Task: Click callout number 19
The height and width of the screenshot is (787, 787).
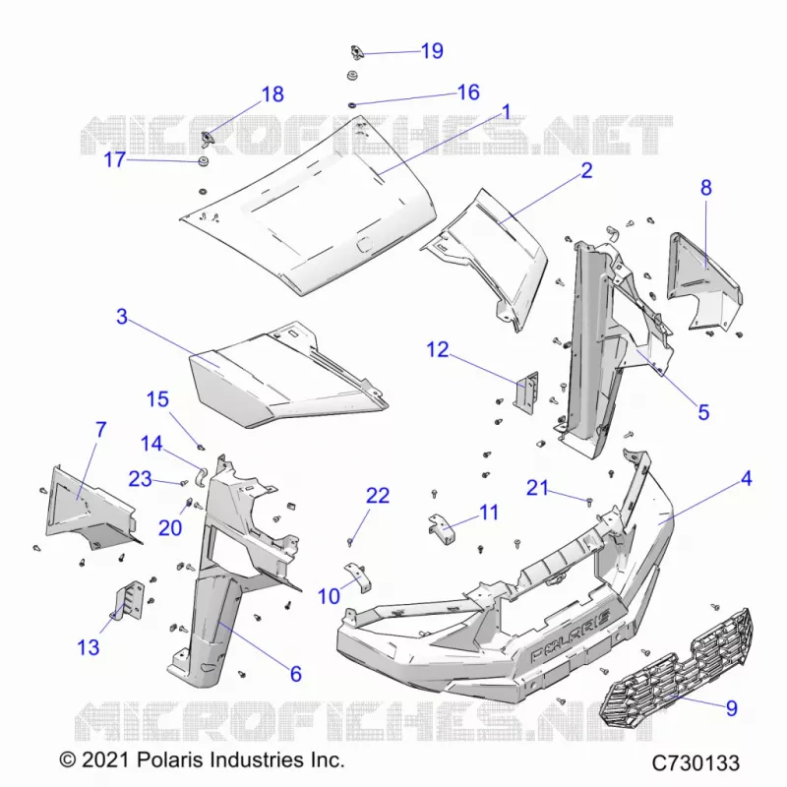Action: coord(432,51)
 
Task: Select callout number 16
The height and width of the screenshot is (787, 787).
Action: coord(468,92)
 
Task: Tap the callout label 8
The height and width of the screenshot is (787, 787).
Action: coord(705,188)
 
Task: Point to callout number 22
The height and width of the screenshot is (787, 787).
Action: coord(378,496)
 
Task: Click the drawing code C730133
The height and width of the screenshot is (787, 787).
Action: coord(696,763)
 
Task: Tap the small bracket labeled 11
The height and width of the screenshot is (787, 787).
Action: coord(441,528)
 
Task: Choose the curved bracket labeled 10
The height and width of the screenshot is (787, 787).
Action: coord(359,576)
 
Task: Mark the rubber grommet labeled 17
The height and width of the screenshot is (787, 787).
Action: coord(204,161)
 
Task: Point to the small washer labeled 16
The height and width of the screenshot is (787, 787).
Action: coord(352,105)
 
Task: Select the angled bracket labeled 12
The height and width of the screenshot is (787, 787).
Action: coord(525,392)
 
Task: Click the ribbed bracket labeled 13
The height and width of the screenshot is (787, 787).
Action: coord(129,600)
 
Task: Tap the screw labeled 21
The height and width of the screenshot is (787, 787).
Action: coord(589,501)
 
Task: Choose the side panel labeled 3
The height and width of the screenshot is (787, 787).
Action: coord(288,376)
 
